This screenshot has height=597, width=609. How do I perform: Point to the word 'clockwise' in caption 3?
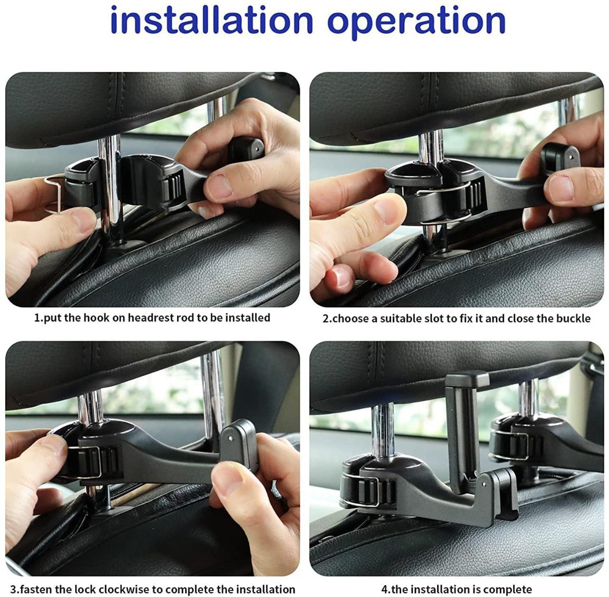pyautogui.click(x=131, y=589)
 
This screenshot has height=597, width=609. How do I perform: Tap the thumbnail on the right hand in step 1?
pyautogui.click(x=219, y=187)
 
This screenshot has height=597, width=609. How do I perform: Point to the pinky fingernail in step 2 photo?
pyautogui.click(x=342, y=278)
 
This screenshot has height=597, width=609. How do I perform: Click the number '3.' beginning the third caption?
pyautogui.click(x=15, y=589)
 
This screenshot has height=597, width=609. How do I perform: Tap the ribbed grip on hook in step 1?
pyautogui.click(x=173, y=189)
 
